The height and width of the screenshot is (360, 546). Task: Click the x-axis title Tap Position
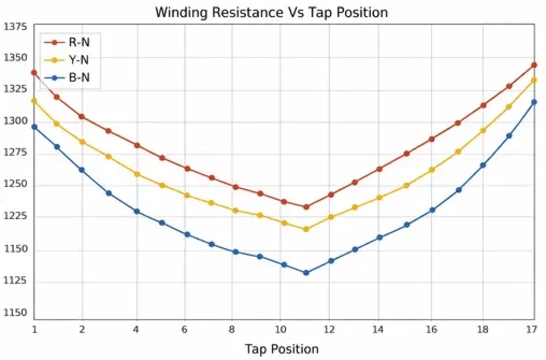tap(283, 349)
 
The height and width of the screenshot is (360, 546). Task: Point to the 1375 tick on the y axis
tap(16, 26)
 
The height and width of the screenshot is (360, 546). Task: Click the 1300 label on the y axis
tap(16, 121)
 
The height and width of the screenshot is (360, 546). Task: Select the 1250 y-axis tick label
tap(16, 185)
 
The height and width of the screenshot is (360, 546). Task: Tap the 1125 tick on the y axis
tap(16, 281)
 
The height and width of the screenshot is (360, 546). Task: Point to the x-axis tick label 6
tap(185, 328)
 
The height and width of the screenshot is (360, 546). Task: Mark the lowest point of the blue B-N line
tap(306, 273)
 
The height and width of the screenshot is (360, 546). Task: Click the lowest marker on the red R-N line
tap(306, 207)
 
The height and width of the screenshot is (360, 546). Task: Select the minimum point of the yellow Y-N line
tap(306, 229)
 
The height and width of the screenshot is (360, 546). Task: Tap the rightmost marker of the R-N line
tap(535, 65)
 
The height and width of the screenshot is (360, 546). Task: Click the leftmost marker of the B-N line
tap(34, 127)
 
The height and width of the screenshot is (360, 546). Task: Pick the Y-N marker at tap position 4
tap(136, 174)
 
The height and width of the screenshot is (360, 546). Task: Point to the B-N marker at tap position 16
tap(432, 210)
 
